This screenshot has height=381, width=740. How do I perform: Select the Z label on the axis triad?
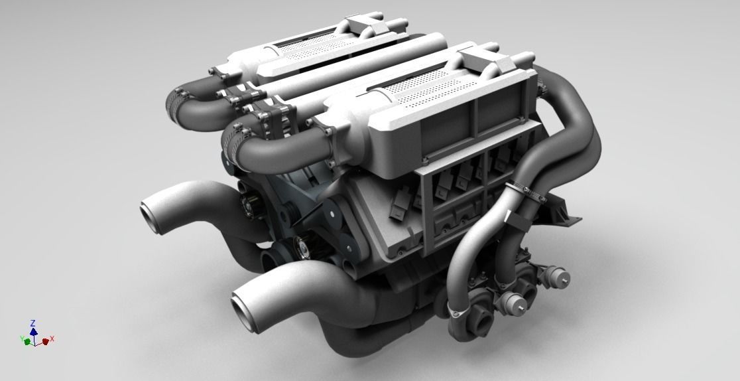click(x=33, y=323)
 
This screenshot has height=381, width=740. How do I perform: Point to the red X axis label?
click(x=52, y=339)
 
